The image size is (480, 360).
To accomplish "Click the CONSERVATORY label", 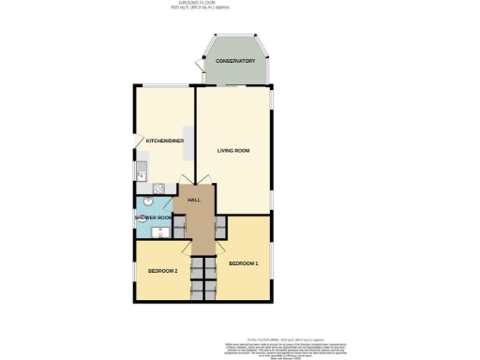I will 235,61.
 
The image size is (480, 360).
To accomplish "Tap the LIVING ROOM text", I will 232,150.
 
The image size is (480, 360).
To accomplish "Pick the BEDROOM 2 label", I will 162,271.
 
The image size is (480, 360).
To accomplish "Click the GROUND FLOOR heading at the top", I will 239,4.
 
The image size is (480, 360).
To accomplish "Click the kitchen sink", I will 141,171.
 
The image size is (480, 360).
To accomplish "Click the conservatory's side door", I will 202,66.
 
